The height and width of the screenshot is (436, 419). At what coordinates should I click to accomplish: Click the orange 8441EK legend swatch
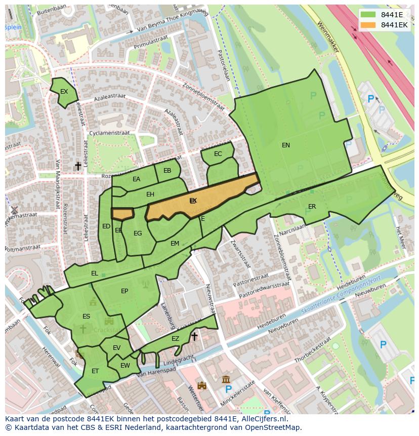368,25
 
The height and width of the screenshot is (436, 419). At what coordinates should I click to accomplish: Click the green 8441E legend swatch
368,15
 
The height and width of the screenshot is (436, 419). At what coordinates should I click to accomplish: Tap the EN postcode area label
286,145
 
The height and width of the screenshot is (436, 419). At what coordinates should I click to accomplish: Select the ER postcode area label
312,207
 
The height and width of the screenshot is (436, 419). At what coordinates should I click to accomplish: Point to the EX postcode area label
64,92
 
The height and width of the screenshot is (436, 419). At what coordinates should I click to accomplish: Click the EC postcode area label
218,154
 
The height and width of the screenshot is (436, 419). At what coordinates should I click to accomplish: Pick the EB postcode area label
167,171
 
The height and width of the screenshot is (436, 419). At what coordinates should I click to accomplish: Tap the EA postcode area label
136,179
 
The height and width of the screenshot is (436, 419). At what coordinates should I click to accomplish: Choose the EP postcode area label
124,291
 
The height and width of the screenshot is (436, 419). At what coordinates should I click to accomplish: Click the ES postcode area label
86,316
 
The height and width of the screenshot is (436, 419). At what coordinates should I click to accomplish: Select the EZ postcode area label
175,339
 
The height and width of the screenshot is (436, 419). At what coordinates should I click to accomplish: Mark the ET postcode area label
95,371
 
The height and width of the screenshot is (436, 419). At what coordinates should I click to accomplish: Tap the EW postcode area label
125,366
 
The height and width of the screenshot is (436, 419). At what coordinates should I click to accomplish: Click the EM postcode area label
175,244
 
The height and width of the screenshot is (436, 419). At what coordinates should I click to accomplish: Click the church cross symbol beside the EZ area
194,336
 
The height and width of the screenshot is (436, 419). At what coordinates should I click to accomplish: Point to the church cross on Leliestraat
78,166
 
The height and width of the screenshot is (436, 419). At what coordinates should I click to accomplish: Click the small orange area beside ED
122,214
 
